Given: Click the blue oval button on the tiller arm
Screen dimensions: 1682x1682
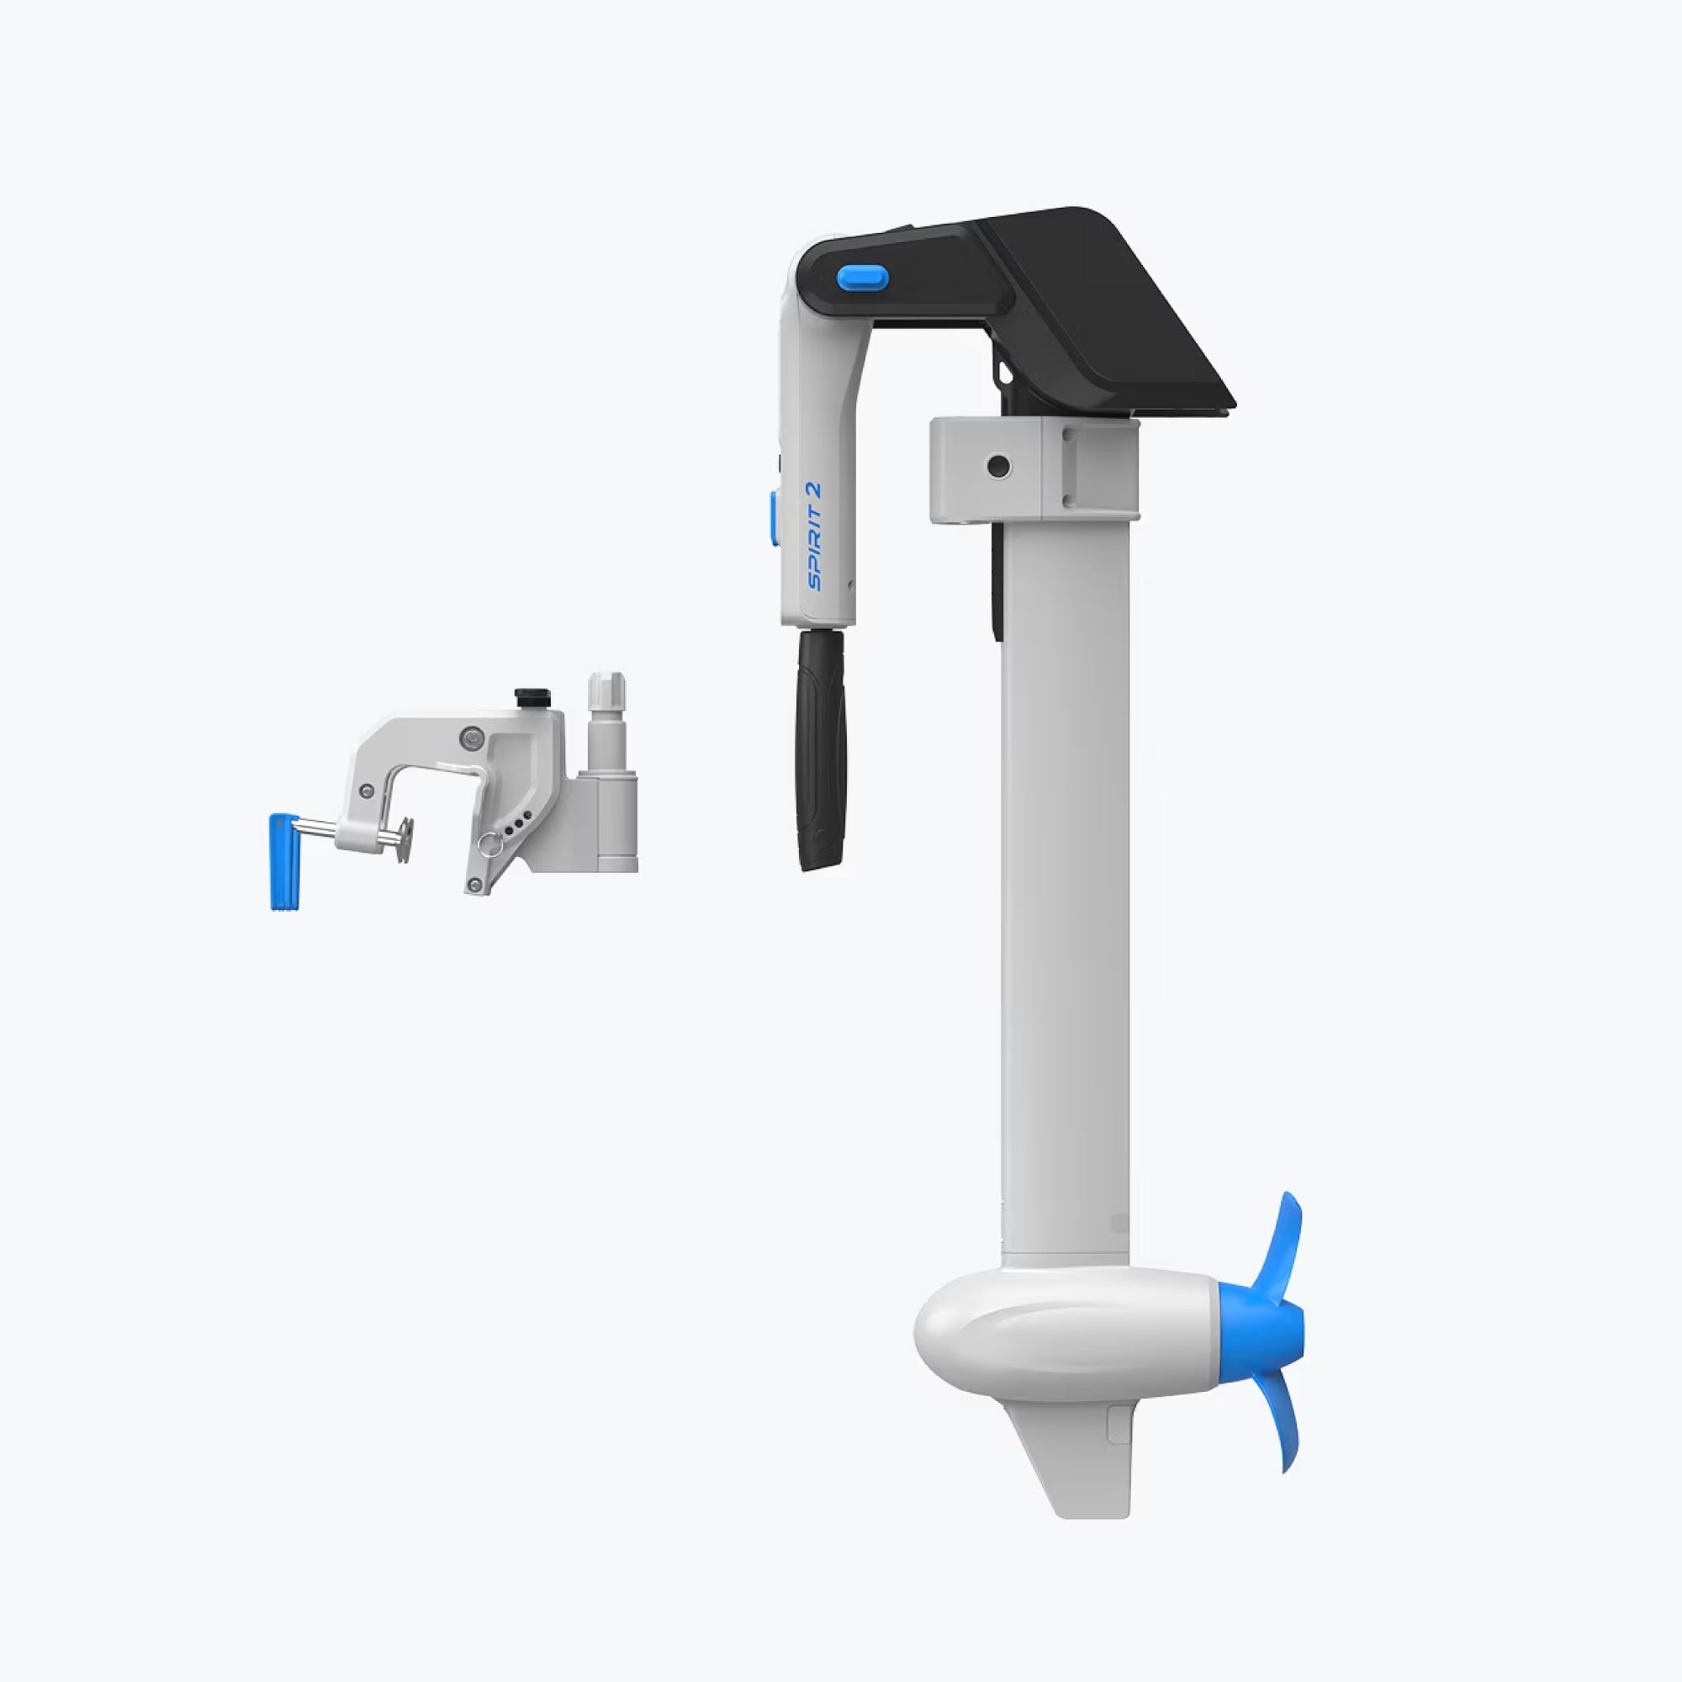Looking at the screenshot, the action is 862,278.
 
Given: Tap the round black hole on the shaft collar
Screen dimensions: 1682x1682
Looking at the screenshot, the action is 997,468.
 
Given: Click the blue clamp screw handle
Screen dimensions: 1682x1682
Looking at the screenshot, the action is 283,862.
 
